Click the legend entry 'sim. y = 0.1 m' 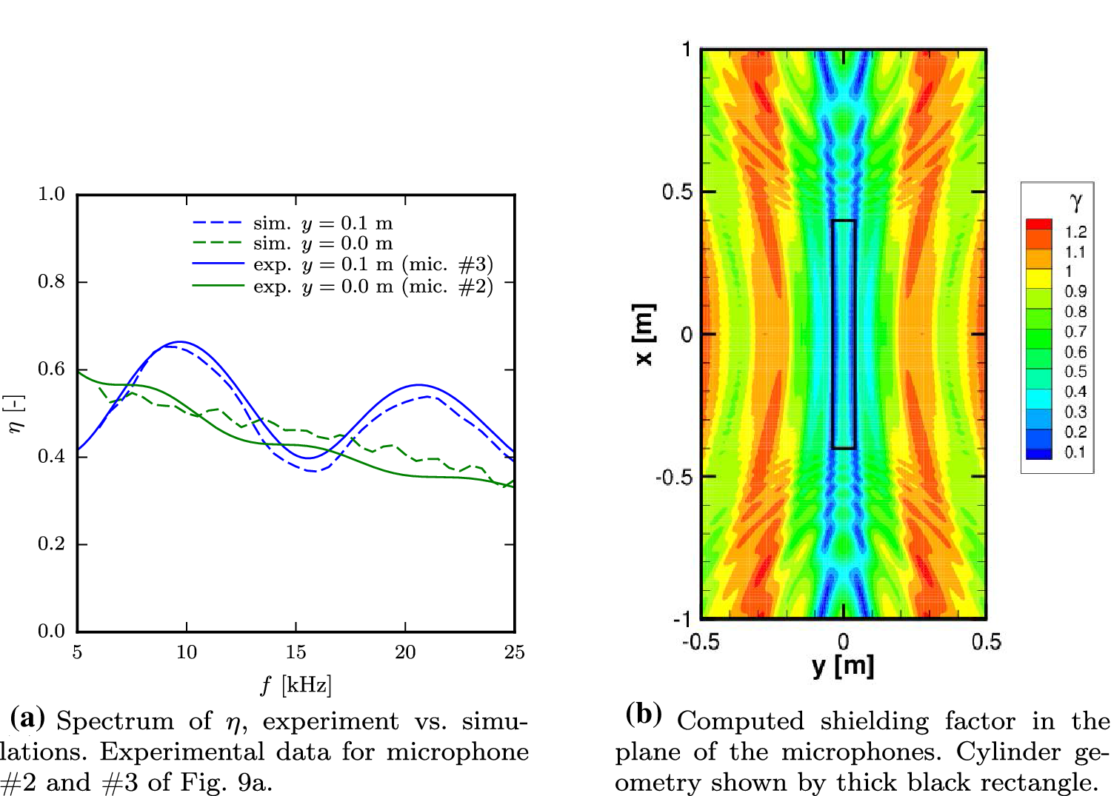[x=322, y=223]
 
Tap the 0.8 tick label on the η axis [x=51, y=281]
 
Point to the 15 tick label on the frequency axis [x=296, y=652]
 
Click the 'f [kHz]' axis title [x=296, y=685]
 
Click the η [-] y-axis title [x=14, y=413]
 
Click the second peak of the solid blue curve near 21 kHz [x=419, y=384]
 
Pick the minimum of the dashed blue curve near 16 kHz [x=314, y=471]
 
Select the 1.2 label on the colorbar [x=1075, y=232]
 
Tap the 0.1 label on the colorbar [x=1075, y=452]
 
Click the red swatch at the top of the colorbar [x=1038, y=224]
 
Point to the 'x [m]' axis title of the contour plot [x=643, y=334]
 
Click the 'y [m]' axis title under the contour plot [x=843, y=666]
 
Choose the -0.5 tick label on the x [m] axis [x=674, y=477]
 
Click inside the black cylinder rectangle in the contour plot [x=844, y=334]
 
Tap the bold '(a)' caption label [x=27, y=718]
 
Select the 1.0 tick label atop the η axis [x=51, y=194]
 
